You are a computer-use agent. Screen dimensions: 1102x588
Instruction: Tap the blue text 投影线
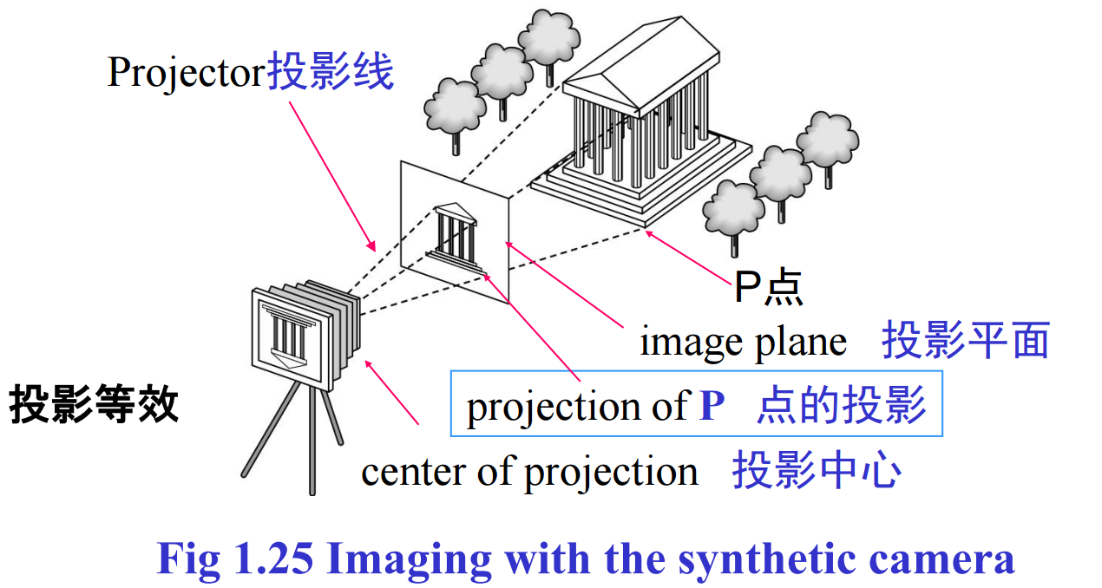pyautogui.click(x=331, y=72)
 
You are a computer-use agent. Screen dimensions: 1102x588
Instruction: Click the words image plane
pyautogui.click(x=743, y=342)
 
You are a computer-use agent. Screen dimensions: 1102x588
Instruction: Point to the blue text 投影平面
pyautogui.click(x=965, y=340)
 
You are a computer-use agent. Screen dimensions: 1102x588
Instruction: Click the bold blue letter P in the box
pyautogui.click(x=712, y=406)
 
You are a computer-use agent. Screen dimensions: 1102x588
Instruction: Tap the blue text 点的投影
pyautogui.click(x=841, y=405)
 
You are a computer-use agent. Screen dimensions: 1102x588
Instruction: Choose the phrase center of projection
pyautogui.click(x=529, y=472)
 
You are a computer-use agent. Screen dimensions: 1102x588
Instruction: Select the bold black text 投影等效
pyautogui.click(x=94, y=404)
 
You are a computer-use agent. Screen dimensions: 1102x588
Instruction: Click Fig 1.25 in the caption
pyautogui.click(x=234, y=559)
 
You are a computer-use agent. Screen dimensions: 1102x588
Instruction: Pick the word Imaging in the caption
pyautogui.click(x=409, y=559)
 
